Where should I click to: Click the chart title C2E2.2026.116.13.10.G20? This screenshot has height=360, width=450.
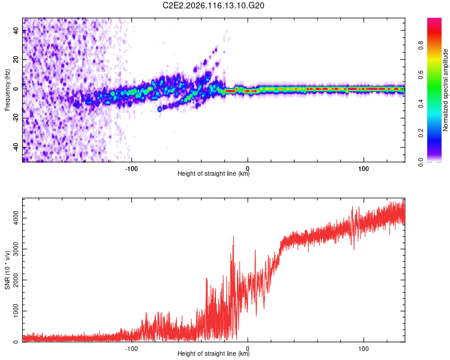pyautogui.click(x=214, y=5)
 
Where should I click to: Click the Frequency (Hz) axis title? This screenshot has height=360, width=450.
pyautogui.click(x=7, y=90)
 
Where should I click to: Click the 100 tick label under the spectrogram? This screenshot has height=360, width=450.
pyautogui.click(x=363, y=169)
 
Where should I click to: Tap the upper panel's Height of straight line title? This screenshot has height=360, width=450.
pyautogui.click(x=214, y=175)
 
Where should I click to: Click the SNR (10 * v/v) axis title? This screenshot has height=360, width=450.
pyautogui.click(x=7, y=270)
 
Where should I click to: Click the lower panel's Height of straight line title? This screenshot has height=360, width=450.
pyautogui.click(x=214, y=354)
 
